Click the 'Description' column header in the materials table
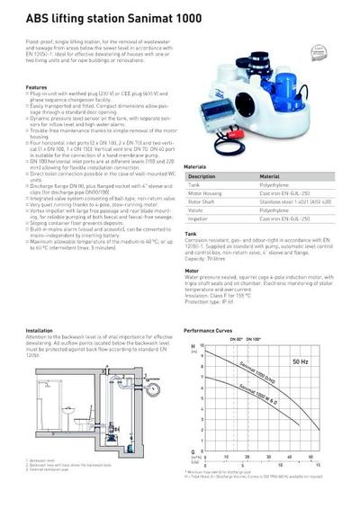pos(202,176)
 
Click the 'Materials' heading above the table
pos(195,167)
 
